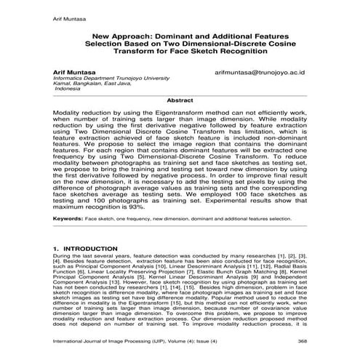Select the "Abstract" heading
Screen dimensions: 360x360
click(180, 100)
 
